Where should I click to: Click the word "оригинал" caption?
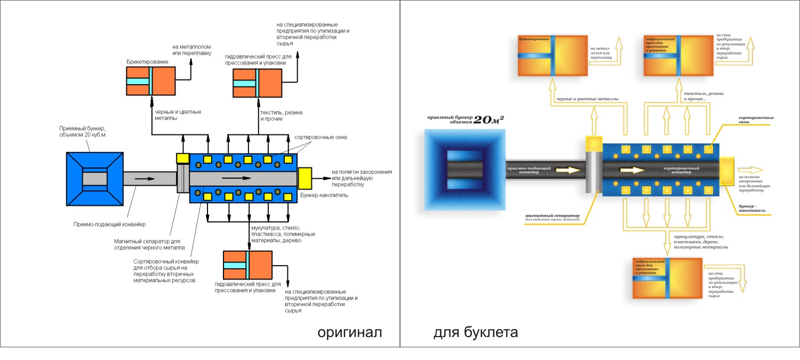(x=350, y=333)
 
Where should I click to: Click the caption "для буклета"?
(x=475, y=333)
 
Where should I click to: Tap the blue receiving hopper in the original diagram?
(x=94, y=178)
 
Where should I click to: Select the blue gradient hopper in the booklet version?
(x=463, y=170)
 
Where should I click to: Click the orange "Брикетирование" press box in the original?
(x=150, y=81)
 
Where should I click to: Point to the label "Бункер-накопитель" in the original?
(x=324, y=196)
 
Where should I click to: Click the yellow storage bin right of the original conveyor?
(x=305, y=177)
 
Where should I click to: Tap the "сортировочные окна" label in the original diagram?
(x=321, y=137)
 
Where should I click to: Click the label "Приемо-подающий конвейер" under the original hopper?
(x=109, y=224)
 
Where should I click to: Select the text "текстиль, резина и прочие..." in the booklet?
(x=703, y=97)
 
